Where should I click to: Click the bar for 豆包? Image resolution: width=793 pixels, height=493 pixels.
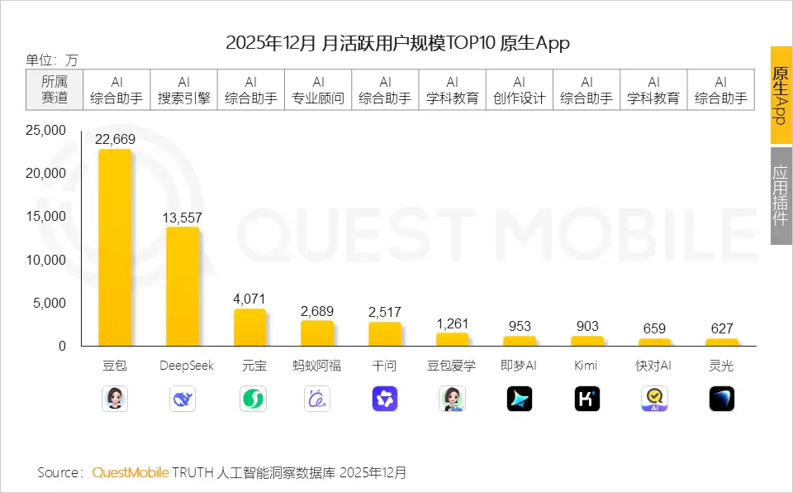point(115,248)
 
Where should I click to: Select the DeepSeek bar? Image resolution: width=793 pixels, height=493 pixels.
point(183,286)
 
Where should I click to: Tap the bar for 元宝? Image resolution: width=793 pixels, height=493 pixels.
point(249,328)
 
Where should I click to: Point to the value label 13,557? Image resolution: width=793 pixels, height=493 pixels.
point(183,218)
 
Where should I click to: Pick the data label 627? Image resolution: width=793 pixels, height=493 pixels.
point(721,329)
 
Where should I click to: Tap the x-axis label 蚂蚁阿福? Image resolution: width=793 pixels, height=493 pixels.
point(317,366)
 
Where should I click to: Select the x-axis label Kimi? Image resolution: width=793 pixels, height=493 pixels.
point(586,366)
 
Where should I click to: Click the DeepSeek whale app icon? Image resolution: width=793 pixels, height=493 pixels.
point(183,400)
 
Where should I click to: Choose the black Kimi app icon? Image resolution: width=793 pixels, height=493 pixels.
point(586,400)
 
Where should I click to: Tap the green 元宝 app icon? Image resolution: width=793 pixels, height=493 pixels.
point(250,400)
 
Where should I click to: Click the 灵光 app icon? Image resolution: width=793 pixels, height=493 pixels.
point(721,400)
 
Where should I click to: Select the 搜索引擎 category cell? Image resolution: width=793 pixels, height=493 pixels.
point(184,89)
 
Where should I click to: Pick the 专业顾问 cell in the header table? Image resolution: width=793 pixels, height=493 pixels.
point(318,89)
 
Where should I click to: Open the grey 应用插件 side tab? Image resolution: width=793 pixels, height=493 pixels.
point(781,196)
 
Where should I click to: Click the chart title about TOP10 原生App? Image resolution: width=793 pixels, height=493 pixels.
point(397,43)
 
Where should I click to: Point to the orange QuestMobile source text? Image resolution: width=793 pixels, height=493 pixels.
point(131,473)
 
